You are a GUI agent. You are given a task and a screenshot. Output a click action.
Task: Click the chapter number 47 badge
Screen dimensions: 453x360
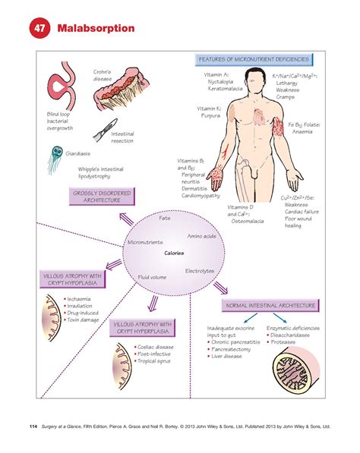point(38,29)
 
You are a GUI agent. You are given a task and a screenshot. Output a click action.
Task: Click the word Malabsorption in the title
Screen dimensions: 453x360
point(94,29)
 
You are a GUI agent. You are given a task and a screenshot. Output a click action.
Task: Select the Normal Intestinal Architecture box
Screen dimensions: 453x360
point(270,306)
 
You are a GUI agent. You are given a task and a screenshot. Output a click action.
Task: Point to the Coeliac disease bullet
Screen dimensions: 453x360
point(160,346)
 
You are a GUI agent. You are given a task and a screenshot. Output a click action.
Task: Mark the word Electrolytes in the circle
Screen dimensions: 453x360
point(198,271)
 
